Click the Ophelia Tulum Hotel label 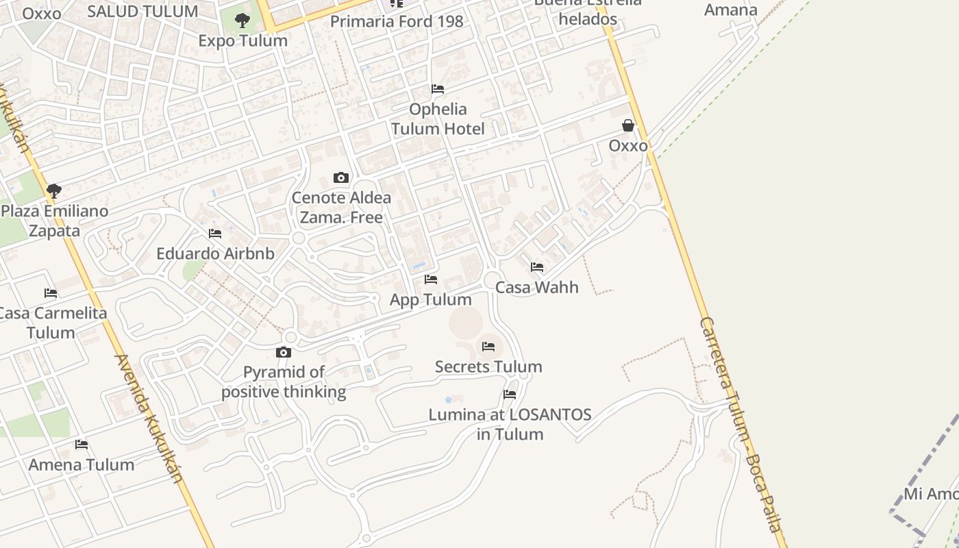tap(438, 119)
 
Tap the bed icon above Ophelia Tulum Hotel tap(438, 89)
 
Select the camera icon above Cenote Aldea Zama tap(341, 178)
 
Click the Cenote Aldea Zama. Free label tap(341, 208)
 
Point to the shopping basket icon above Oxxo tap(628, 125)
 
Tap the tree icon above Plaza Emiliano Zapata tap(54, 191)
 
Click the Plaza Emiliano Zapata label tap(55, 221)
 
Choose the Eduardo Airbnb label tap(215, 253)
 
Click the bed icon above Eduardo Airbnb tap(215, 234)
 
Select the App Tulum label tap(431, 299)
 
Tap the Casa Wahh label tap(537, 287)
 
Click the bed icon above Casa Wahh tap(537, 267)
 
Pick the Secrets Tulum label tap(488, 366)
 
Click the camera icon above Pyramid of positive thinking tap(284, 353)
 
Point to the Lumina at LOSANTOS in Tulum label tap(510, 424)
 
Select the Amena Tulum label tap(82, 464)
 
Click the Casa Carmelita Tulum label tap(51, 323)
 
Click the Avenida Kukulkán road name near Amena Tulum tap(149, 418)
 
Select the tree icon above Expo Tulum tap(242, 21)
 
